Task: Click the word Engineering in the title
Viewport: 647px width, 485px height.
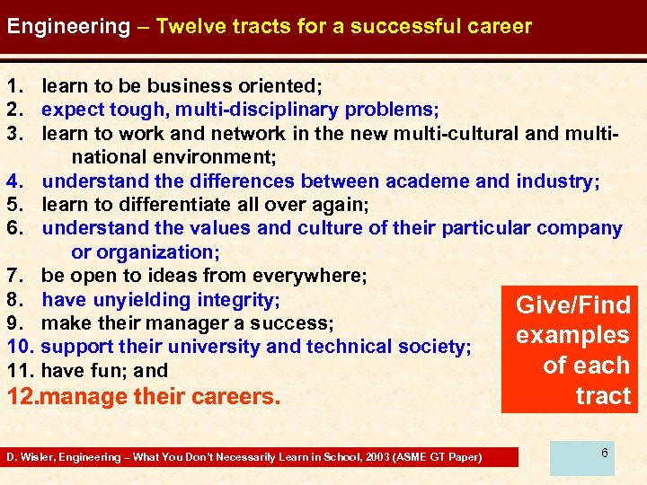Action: tap(68, 26)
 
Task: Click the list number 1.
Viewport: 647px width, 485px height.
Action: tap(13, 87)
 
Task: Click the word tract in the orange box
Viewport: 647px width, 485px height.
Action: tap(604, 397)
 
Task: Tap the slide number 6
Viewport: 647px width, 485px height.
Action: tap(605, 453)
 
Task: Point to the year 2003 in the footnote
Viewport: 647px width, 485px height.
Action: tap(387, 458)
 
